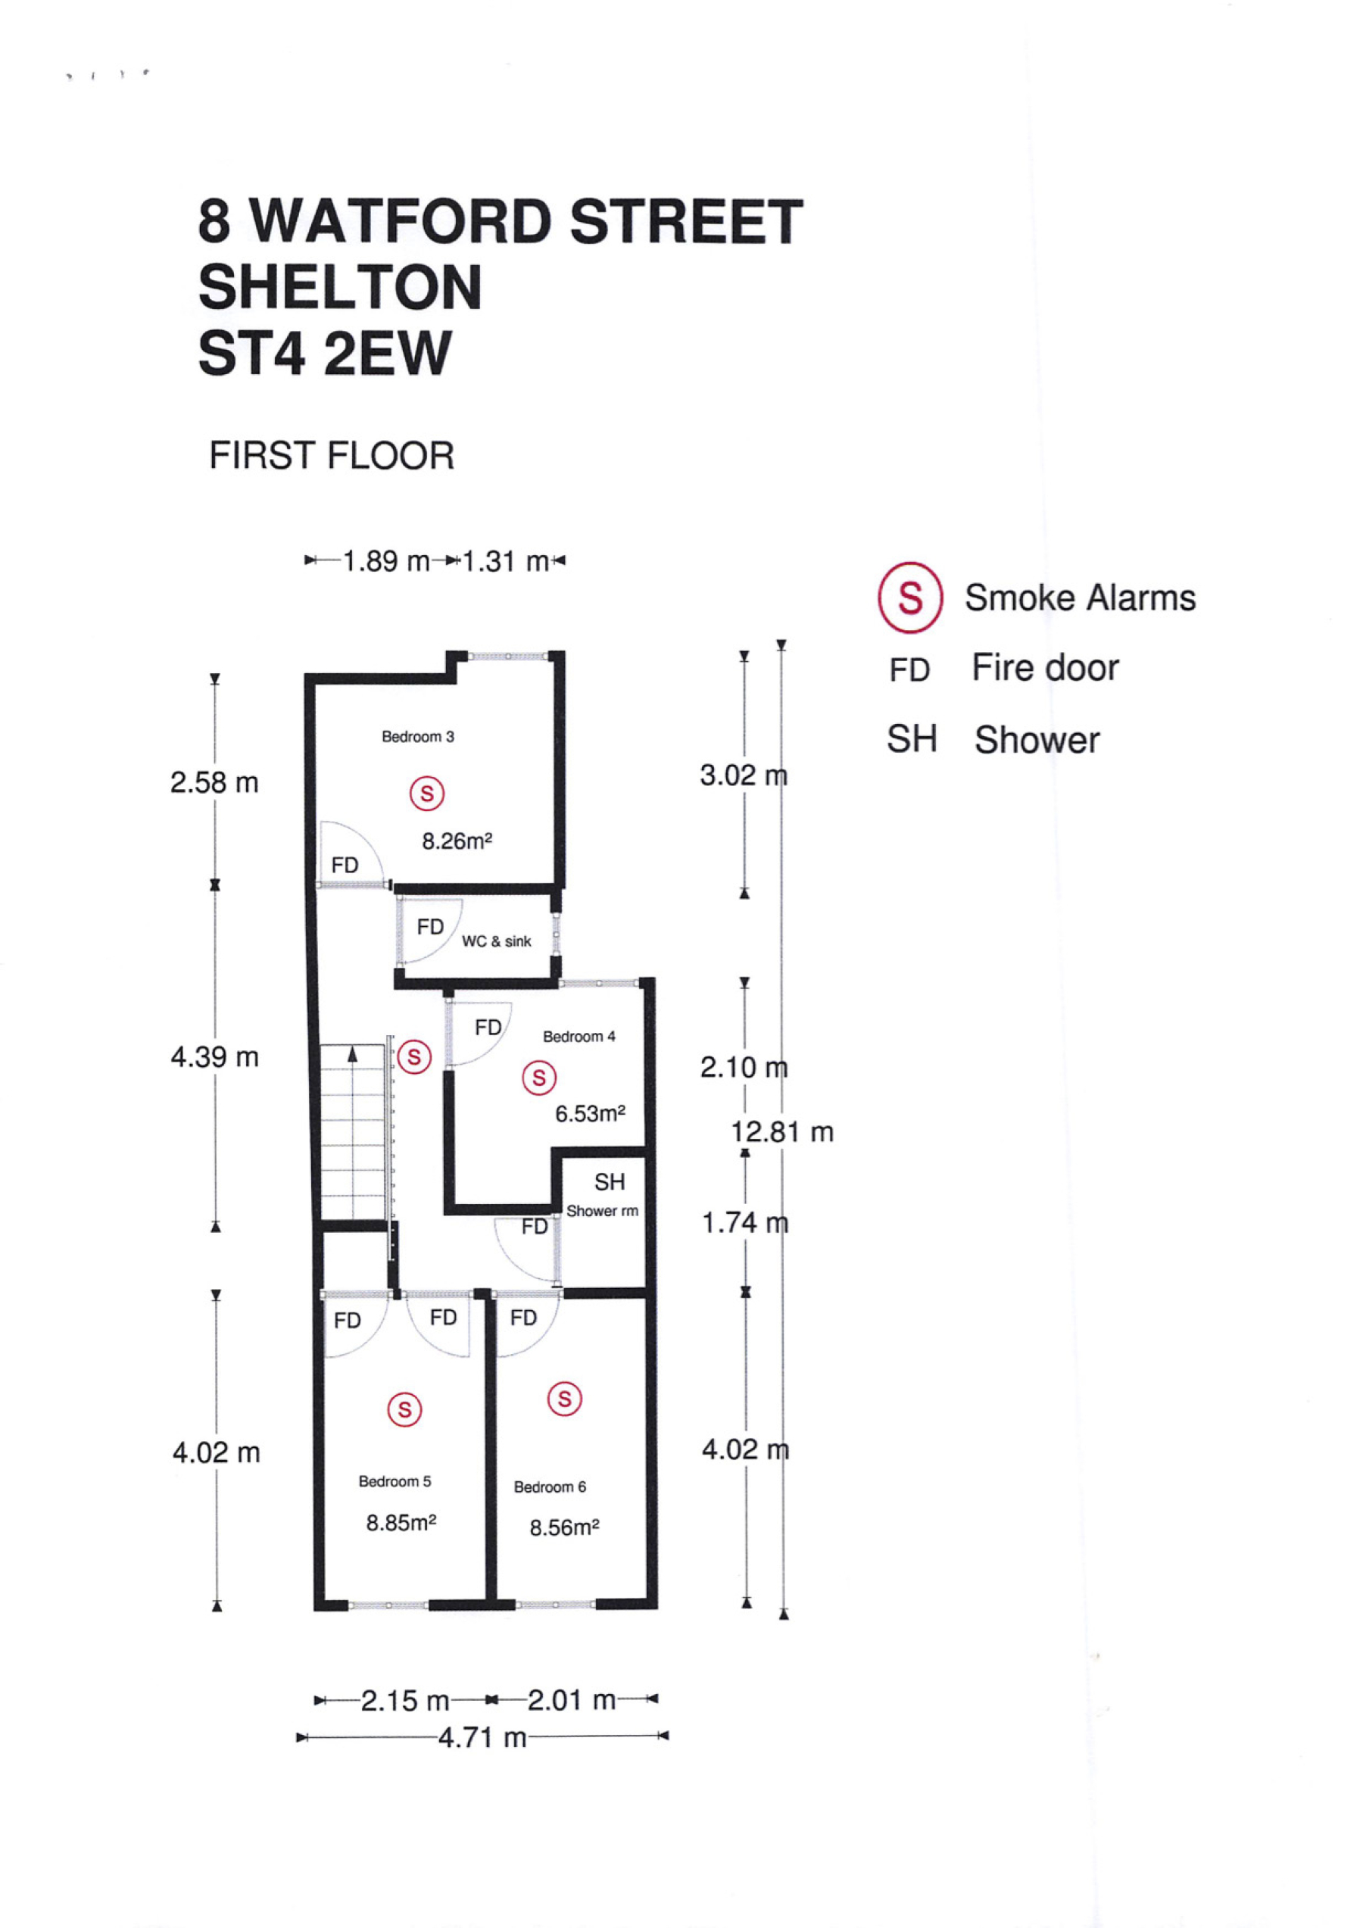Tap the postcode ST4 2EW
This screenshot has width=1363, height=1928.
pyautogui.click(x=325, y=353)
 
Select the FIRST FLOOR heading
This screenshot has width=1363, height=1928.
pyautogui.click(x=332, y=456)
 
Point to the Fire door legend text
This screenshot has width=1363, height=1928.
pyautogui.click(x=1046, y=669)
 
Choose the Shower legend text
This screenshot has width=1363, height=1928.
pyautogui.click(x=1037, y=740)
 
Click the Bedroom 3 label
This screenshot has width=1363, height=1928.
pyautogui.click(x=418, y=736)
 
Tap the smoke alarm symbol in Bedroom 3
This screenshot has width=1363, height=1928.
pyautogui.click(x=426, y=794)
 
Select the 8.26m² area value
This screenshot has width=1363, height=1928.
pyautogui.click(x=457, y=841)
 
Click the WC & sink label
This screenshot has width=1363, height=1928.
pyautogui.click(x=496, y=941)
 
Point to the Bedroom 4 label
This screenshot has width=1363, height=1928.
pyautogui.click(x=579, y=1036)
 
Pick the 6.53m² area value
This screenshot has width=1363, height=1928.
pyautogui.click(x=591, y=1113)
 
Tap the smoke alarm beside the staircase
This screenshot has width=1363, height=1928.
pyautogui.click(x=414, y=1056)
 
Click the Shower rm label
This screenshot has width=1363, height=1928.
pyautogui.click(x=602, y=1211)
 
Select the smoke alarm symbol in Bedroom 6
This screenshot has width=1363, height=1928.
pyautogui.click(x=564, y=1399)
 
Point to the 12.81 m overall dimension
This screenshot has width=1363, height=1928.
pyautogui.click(x=782, y=1132)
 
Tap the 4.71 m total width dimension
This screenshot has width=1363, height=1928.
pyautogui.click(x=482, y=1736)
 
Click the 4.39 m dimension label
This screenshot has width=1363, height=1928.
pyautogui.click(x=215, y=1056)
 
